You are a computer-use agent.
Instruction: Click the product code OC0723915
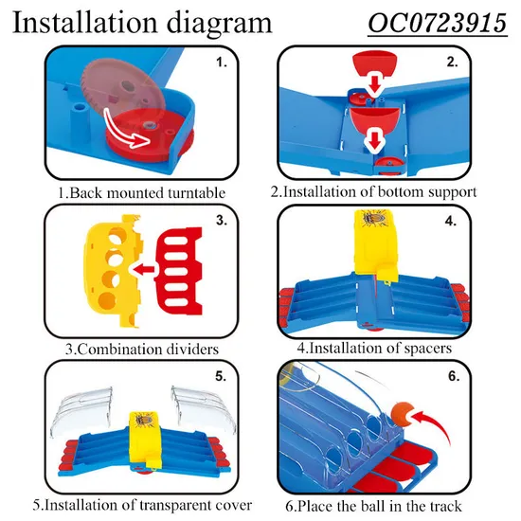pos(438,24)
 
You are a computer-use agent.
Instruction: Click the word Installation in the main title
pos(84,23)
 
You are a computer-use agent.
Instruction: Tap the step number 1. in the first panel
pos(222,63)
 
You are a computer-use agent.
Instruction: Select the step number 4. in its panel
pos(451,221)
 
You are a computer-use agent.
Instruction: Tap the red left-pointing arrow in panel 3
pos(144,269)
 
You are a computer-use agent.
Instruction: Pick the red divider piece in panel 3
pos(179,271)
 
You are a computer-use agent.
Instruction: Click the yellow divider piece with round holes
pos(113,269)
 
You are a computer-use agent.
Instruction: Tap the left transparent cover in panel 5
pos(81,410)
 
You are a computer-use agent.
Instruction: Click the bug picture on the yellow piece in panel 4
pos(374,219)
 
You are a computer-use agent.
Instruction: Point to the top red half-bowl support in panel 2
pos(375,63)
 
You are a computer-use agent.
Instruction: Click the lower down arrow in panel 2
pos(375,141)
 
